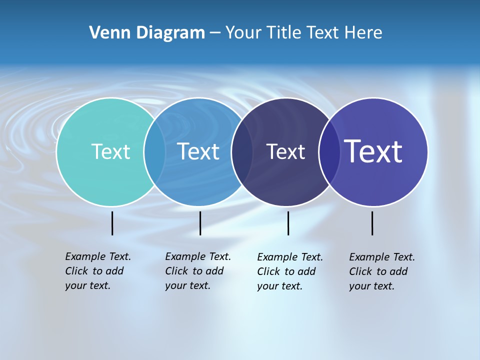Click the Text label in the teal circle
[x=110, y=151]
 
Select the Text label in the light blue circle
[x=198, y=151]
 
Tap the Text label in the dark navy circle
[x=285, y=151]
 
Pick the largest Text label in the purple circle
[x=373, y=151]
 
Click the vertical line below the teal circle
[x=112, y=223]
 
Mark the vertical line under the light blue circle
[x=200, y=223]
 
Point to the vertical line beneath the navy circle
[x=288, y=223]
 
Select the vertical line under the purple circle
[x=372, y=223]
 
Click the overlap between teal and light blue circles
[x=155, y=152]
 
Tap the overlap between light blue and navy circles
[x=242, y=152]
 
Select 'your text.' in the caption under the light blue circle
[x=187, y=285]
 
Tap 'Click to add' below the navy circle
[x=286, y=271]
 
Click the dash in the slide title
[x=214, y=33]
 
